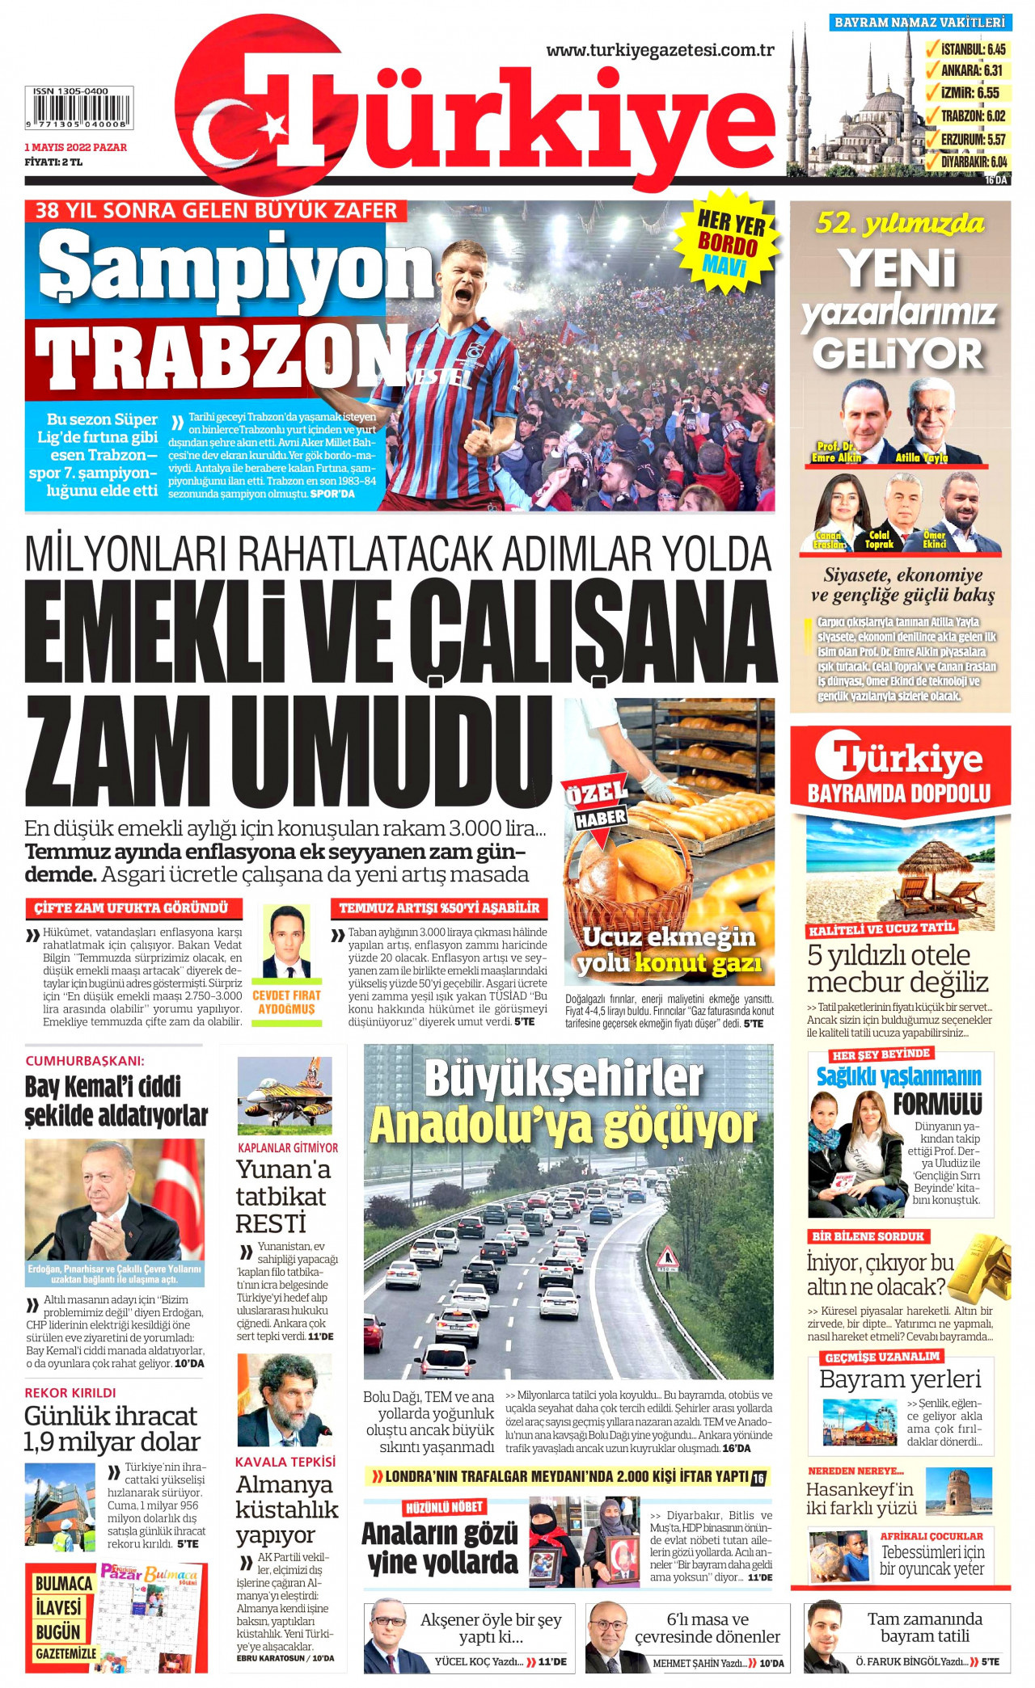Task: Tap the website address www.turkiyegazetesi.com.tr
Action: point(660,50)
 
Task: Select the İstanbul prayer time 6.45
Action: point(974,49)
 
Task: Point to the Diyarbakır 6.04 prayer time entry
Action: point(974,162)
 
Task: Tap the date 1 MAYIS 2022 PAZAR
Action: point(75,147)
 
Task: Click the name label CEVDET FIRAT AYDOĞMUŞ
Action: point(286,1002)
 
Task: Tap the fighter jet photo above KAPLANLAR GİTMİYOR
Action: point(285,1095)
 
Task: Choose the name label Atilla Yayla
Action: point(921,458)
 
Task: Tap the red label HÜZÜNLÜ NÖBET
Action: point(444,1507)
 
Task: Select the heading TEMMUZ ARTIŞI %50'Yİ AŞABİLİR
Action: point(438,908)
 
